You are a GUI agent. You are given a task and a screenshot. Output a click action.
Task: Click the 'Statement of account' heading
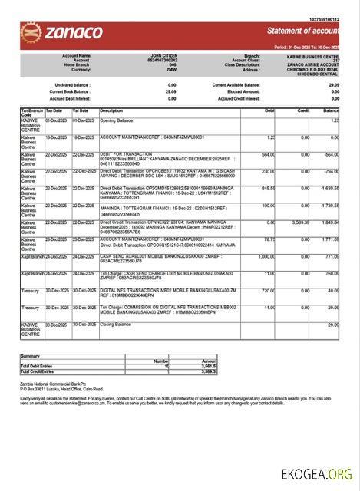(302, 31)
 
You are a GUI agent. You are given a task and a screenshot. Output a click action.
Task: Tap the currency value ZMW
(173, 71)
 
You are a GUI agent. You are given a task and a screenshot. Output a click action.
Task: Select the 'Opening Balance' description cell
(117, 120)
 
